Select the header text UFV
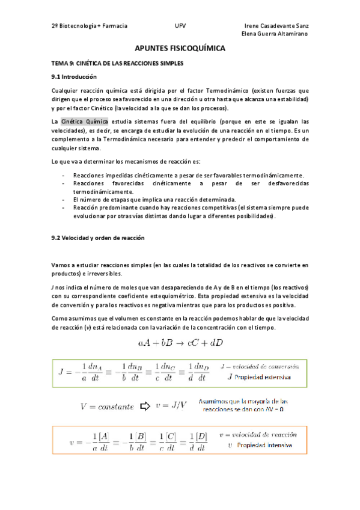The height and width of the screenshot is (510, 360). (x=180, y=26)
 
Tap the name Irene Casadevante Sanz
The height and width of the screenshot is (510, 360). (x=277, y=26)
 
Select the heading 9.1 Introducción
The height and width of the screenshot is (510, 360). (x=74, y=77)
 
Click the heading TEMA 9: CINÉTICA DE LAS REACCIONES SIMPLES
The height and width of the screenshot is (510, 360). (x=117, y=63)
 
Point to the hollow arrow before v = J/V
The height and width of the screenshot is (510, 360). (x=144, y=406)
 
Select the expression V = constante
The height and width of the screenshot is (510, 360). (x=107, y=407)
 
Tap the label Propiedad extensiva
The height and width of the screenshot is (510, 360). (x=263, y=378)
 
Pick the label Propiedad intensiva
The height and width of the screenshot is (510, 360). (x=264, y=446)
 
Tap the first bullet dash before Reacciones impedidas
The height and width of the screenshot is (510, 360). (x=64, y=174)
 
